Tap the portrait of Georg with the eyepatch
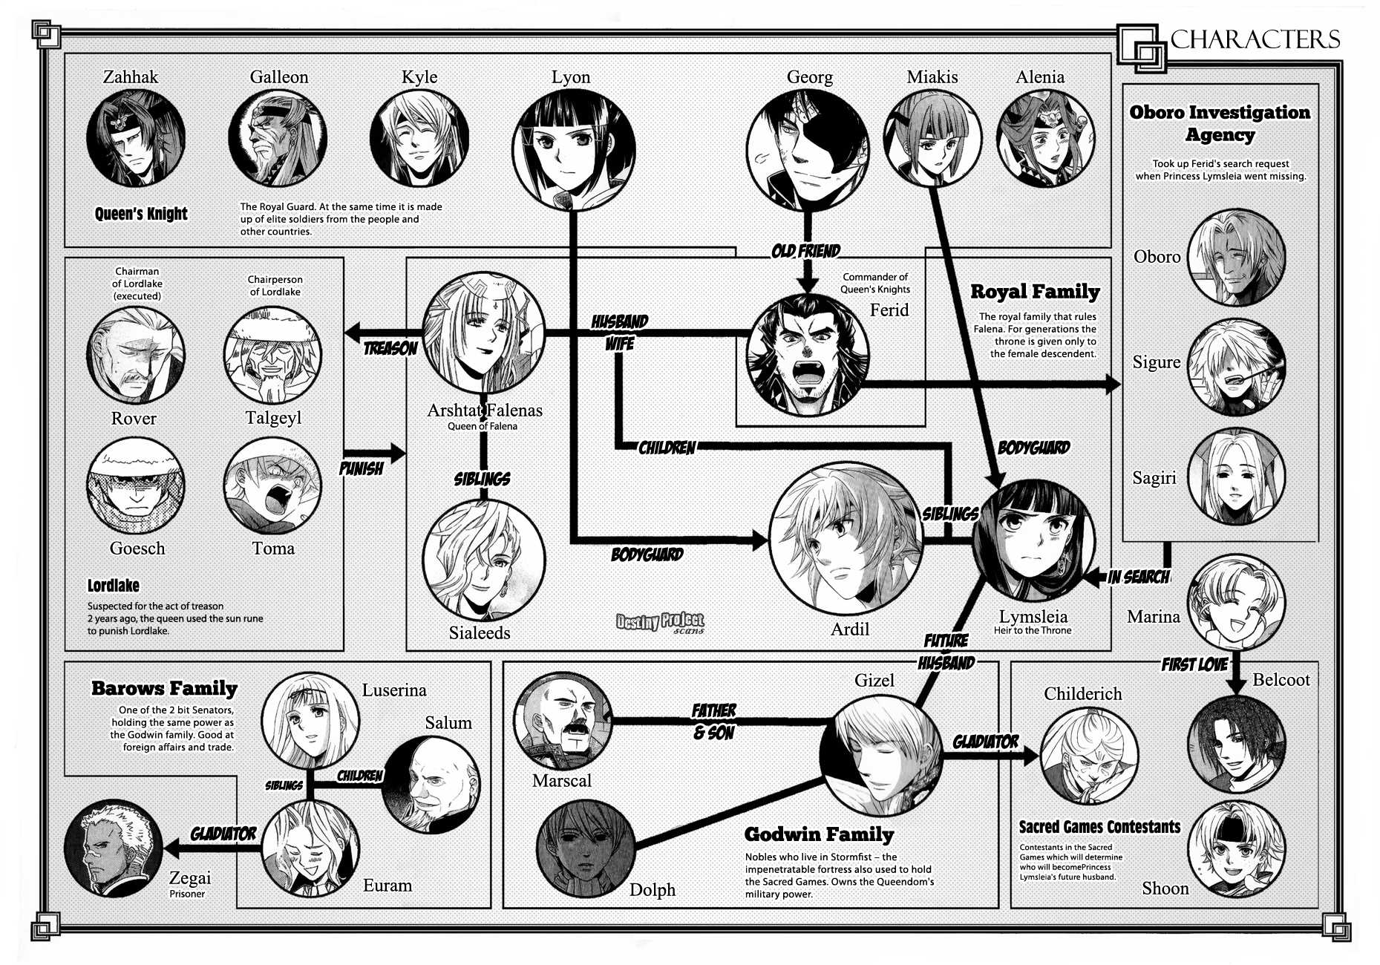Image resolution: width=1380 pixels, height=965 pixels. click(808, 151)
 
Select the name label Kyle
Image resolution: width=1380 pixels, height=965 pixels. click(419, 77)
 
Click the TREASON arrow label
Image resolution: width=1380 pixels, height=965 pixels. click(390, 348)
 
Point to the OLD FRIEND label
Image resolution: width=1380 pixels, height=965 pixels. click(806, 251)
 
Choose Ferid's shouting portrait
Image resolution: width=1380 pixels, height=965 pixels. click(808, 356)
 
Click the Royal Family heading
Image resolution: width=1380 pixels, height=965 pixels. click(1035, 292)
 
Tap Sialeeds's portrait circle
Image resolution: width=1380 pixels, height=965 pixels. click(483, 560)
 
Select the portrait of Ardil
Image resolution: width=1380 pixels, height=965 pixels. click(846, 538)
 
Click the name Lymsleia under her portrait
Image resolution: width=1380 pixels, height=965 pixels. click(1033, 617)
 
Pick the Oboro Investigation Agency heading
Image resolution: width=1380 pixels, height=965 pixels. click(1220, 123)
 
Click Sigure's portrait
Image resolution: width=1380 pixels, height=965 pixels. click(1237, 367)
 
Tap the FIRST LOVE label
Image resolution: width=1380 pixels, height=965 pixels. click(1194, 664)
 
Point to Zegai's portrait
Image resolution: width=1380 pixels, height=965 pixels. click(114, 848)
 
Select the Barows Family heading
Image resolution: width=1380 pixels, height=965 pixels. click(164, 688)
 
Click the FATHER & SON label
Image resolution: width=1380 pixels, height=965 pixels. click(713, 722)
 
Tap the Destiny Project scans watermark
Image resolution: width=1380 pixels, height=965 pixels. click(660, 623)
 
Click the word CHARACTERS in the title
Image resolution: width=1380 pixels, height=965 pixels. click(1255, 39)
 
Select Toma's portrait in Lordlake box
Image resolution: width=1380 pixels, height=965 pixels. click(272, 486)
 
